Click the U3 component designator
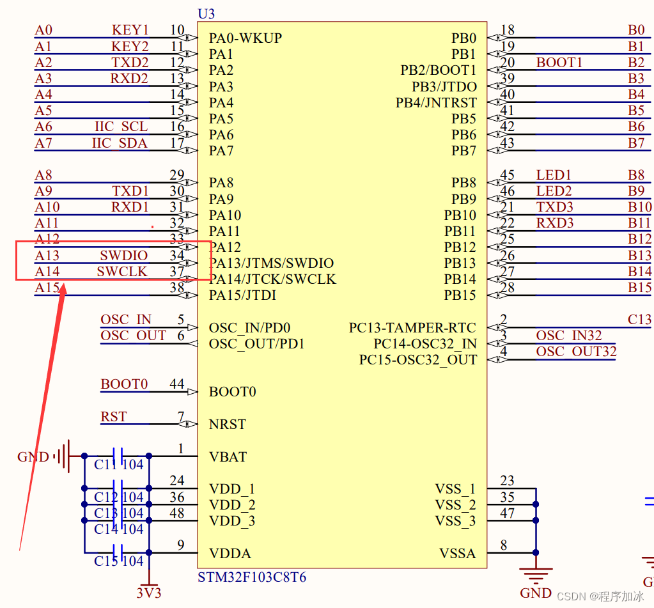point(206,14)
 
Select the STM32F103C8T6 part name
point(252,578)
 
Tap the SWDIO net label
point(123,256)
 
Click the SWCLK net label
point(122,272)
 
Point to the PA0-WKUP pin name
point(245,38)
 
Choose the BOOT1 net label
point(559,63)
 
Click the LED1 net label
point(554,175)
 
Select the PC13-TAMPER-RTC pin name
point(412,328)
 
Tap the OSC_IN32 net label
point(569,336)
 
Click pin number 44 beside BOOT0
point(176,384)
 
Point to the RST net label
point(113,417)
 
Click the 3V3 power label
point(149,593)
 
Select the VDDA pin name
point(230,554)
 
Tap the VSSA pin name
point(457,554)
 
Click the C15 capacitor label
point(105,561)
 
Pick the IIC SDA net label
point(120,143)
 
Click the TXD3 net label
point(554,207)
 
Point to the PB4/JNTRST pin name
point(436,103)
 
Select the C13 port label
point(639,320)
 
